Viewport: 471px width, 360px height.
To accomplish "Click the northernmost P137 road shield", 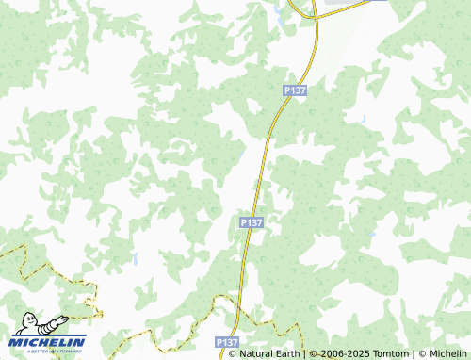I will click(x=295, y=90).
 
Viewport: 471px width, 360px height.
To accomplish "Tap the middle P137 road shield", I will click(x=251, y=222).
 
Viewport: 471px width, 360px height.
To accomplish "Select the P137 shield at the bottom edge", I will click(x=226, y=342).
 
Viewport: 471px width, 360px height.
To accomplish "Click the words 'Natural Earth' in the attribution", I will click(x=269, y=353).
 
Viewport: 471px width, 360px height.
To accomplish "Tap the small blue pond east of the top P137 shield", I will click(x=363, y=119).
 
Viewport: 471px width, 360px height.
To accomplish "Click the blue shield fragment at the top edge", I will click(x=376, y=1).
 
